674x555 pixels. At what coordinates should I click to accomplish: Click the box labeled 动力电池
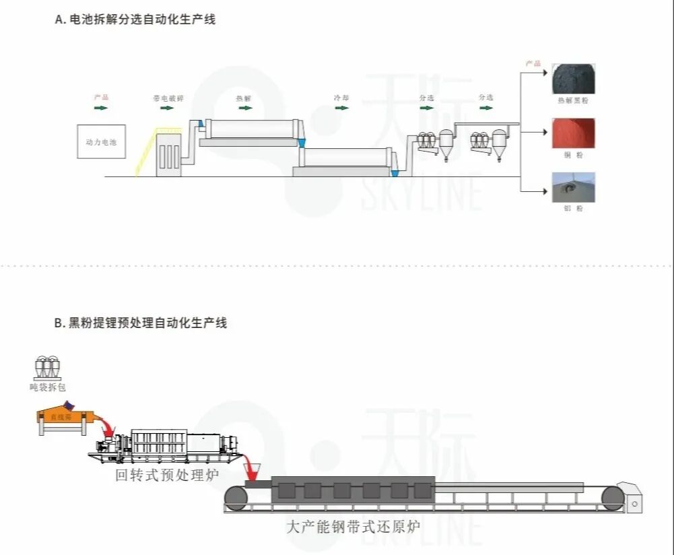tap(101, 141)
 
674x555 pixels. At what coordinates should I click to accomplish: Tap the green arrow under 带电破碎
tap(168, 108)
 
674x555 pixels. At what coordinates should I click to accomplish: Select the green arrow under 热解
tap(243, 108)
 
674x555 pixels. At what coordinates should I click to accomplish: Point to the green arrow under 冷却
tap(341, 108)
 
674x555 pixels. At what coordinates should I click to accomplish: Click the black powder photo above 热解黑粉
tap(573, 79)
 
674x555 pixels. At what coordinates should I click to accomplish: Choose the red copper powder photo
tap(573, 133)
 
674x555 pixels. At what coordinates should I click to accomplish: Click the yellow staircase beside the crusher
tap(146, 152)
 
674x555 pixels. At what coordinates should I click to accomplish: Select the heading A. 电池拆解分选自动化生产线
tap(135, 20)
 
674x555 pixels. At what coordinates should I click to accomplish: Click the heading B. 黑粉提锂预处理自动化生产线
tap(141, 323)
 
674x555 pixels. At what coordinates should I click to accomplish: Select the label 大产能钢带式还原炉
tap(353, 526)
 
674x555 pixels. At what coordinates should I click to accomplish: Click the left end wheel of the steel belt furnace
tap(236, 498)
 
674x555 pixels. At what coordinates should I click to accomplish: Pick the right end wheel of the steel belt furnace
tap(613, 498)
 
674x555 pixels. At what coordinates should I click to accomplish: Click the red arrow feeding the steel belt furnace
tap(255, 465)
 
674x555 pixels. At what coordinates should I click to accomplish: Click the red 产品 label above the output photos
tap(533, 64)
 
